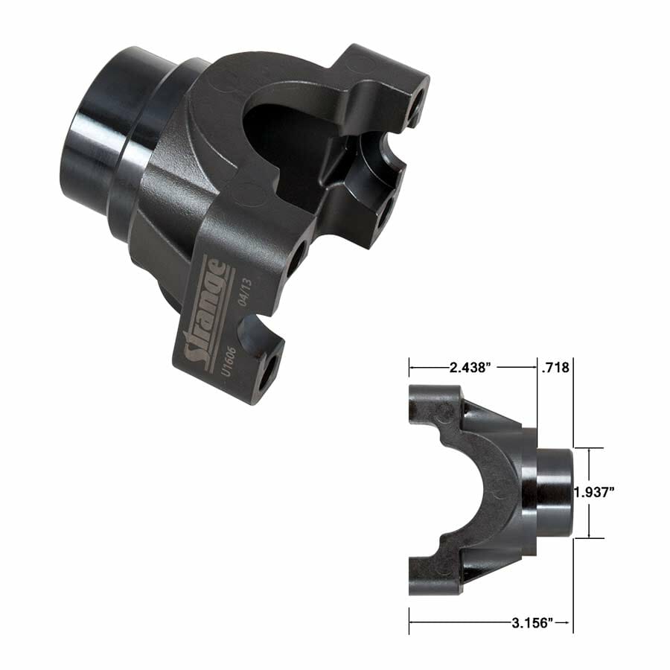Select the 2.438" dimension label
coord(473,367)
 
